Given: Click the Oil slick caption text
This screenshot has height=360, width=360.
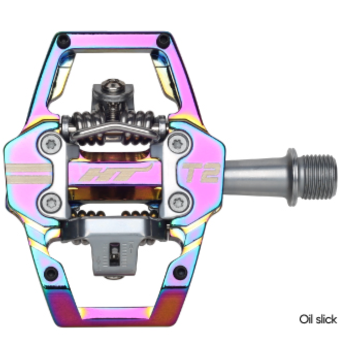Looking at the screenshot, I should (318, 319).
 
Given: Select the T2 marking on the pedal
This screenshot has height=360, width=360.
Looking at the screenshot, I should (201, 173).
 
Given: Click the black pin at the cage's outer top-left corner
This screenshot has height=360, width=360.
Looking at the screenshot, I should (63, 39).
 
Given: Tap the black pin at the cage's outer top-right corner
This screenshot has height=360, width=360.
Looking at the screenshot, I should (164, 40).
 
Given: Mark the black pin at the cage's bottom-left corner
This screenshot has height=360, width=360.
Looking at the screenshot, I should (50, 271).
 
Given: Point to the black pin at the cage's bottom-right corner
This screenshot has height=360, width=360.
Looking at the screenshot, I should (179, 271).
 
